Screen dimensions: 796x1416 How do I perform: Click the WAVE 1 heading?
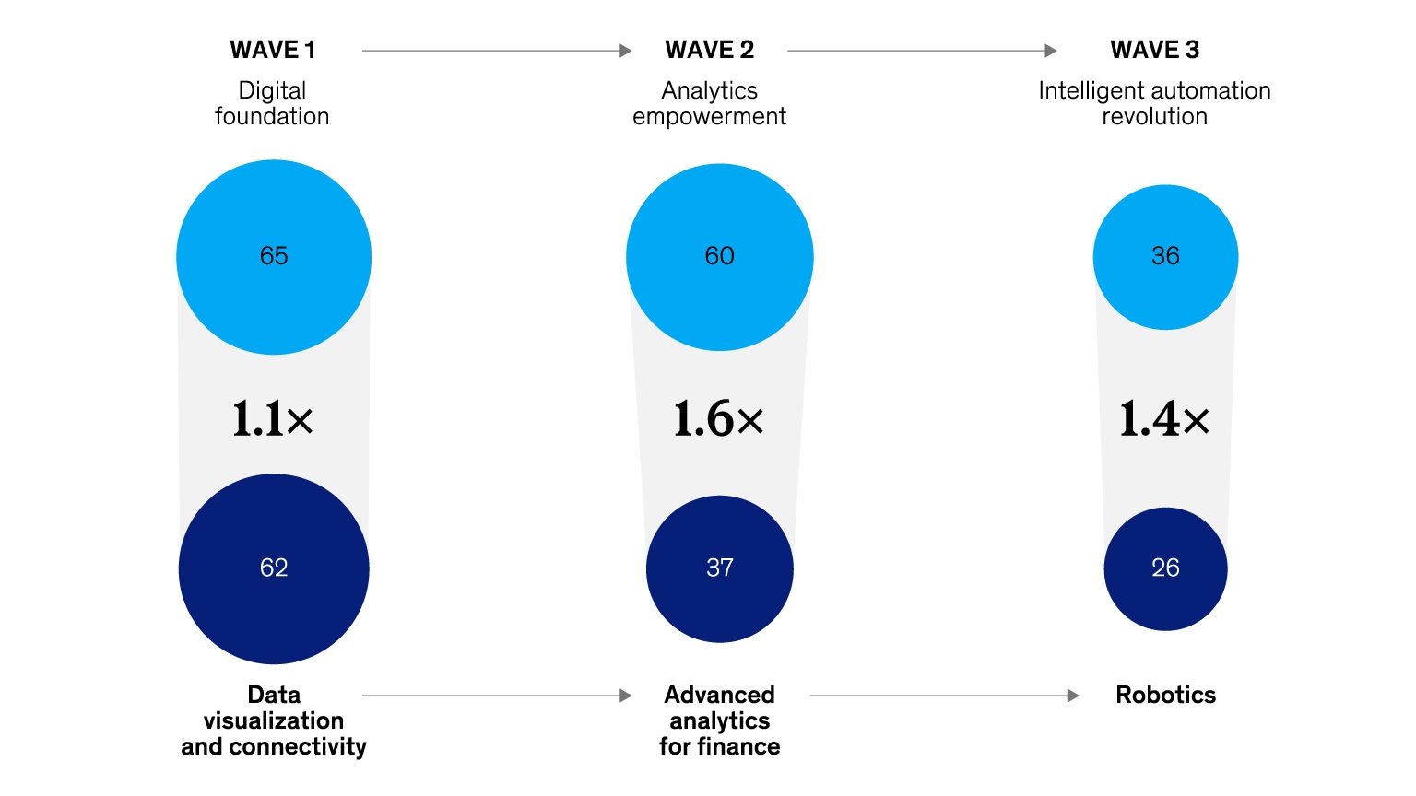tap(273, 50)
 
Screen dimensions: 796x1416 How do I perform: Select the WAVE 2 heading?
tap(710, 50)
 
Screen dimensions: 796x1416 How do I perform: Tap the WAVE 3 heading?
tap(1154, 50)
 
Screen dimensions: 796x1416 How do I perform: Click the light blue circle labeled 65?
tap(274, 257)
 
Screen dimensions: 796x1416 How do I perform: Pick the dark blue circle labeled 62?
tap(274, 568)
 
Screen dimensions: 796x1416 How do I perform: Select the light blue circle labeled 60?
tap(719, 257)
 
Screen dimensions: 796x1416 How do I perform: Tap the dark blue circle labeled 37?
tap(719, 568)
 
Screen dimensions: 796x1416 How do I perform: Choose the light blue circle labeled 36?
tap(1165, 257)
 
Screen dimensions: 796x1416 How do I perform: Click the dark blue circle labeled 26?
tap(1165, 568)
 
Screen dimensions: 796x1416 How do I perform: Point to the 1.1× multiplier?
tap(273, 419)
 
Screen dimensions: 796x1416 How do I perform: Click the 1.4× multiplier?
tap(1164, 419)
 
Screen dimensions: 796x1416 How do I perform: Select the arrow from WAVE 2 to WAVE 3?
tap(922, 51)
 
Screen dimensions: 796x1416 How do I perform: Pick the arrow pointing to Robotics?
tap(944, 696)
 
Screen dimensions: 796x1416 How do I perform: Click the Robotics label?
tap(1165, 695)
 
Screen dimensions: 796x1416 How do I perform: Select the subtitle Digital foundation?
tap(272, 103)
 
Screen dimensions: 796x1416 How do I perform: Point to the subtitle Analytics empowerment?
tap(710, 103)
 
